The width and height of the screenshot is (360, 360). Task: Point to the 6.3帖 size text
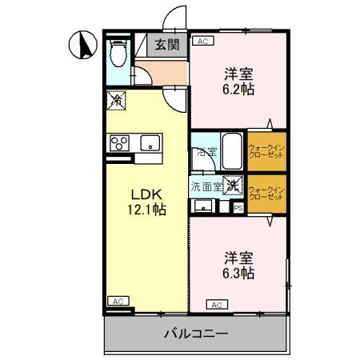click(238, 274)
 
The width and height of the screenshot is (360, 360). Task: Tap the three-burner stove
click(119, 144)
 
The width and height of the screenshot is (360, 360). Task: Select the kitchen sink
click(149, 144)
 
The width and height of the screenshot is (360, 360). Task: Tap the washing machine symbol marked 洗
click(232, 186)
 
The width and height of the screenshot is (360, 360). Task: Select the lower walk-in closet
click(266, 194)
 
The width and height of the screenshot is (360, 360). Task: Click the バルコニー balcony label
click(196, 334)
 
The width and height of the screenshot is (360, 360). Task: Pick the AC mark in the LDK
click(117, 301)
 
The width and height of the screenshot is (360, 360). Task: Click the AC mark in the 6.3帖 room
click(216, 304)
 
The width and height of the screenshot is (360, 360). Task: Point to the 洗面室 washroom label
click(205, 186)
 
